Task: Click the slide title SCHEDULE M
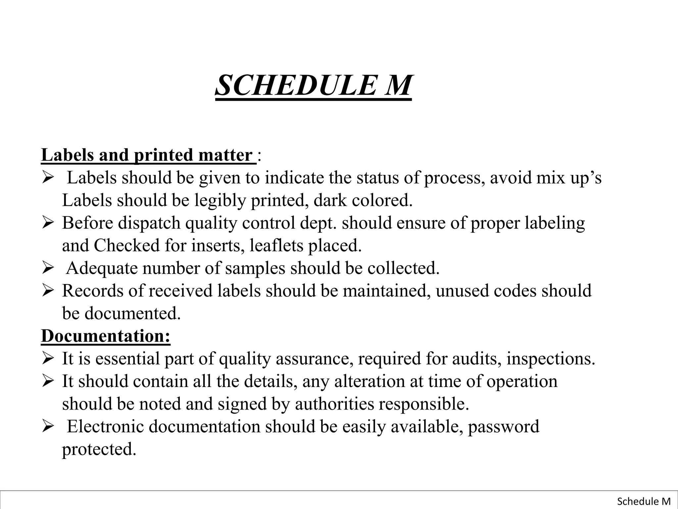pos(313,85)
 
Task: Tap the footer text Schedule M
pos(644,501)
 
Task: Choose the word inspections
pos(550,359)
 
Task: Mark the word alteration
pos(369,381)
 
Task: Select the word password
pos(504,427)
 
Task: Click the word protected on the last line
pos(99,449)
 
